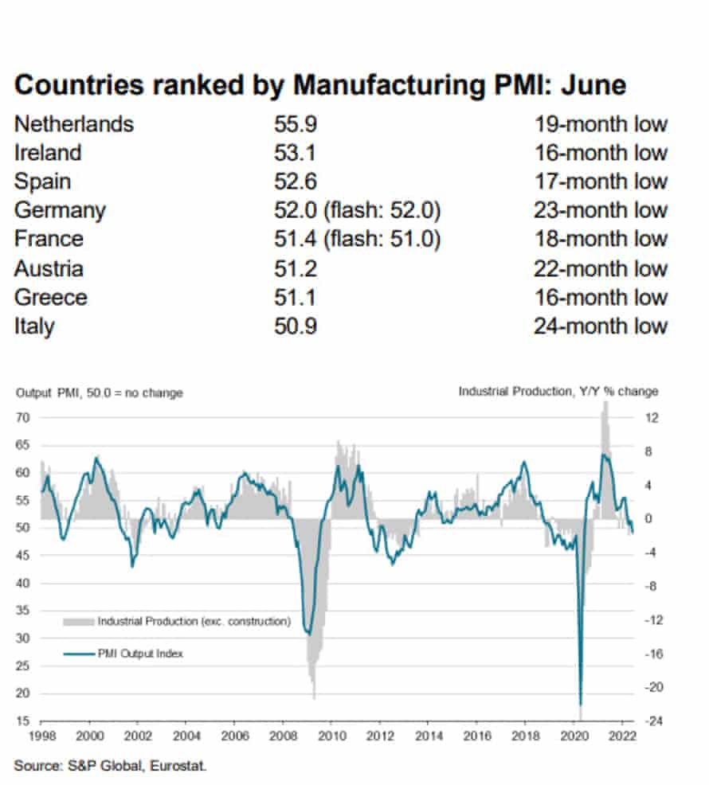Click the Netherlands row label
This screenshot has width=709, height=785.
[74, 124]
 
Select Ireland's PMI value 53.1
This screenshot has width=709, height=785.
[292, 153]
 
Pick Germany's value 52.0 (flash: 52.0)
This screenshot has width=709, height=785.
[358, 211]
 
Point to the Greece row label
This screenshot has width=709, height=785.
[51, 298]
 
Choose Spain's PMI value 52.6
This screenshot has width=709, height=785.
[292, 182]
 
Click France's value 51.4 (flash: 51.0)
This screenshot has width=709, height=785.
[358, 240]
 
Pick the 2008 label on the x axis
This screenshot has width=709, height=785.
[281, 736]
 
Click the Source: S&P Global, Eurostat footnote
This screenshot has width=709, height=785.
[110, 767]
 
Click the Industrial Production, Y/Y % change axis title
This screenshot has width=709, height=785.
[558, 392]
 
